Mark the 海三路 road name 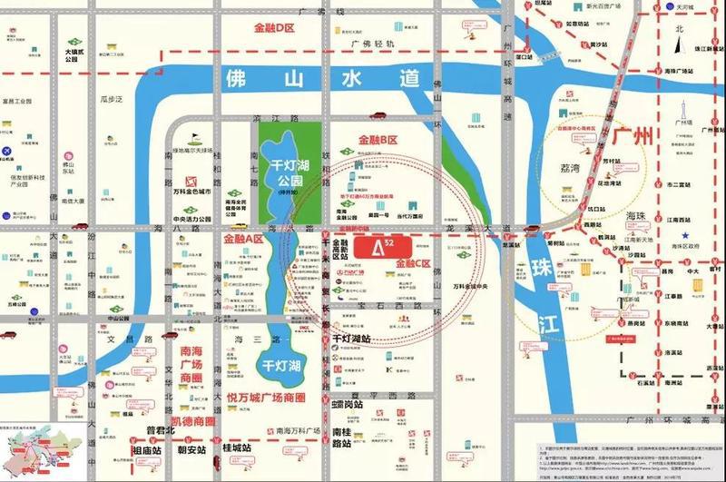tap(231, 338)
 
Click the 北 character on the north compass tap(676, 30)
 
